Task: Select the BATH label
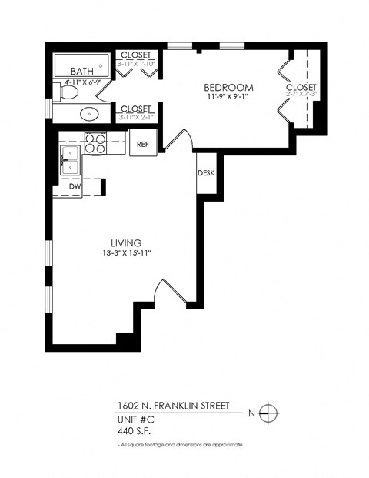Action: pos(71,72)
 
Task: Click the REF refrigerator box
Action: pos(142,144)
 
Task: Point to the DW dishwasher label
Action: pos(75,186)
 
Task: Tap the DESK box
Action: pos(205,173)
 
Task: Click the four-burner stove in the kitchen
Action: pos(95,143)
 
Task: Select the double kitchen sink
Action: pos(71,160)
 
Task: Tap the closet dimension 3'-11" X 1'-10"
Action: pos(137,65)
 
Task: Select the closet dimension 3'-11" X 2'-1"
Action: pos(137,118)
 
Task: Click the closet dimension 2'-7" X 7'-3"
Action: pos(301,96)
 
